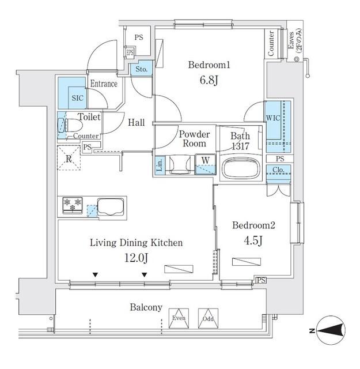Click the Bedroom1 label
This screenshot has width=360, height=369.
(x=210, y=65)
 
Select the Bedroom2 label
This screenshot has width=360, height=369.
(x=253, y=225)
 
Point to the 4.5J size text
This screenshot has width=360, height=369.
(x=253, y=240)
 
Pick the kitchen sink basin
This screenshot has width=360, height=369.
(x=109, y=206)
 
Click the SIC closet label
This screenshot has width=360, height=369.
(x=77, y=98)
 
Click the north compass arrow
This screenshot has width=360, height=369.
(x=330, y=330)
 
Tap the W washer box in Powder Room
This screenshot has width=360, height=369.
(x=203, y=160)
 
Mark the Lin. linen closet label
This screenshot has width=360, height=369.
(x=160, y=165)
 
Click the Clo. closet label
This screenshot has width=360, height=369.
(x=279, y=170)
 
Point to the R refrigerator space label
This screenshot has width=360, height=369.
(x=69, y=159)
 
